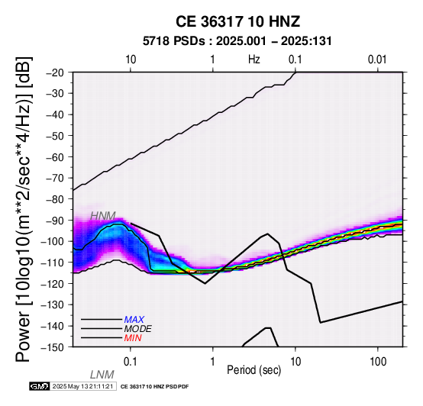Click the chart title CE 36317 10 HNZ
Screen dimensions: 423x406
[x=237, y=21]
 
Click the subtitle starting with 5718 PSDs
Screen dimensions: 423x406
[x=237, y=41]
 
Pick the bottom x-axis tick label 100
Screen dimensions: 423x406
[x=378, y=362]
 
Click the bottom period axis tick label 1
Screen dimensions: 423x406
[x=213, y=362]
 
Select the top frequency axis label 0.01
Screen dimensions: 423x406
[x=377, y=60]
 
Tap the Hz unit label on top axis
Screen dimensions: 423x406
[x=254, y=60]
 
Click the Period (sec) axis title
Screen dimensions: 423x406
[x=254, y=370]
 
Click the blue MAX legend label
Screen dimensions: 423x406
[x=134, y=320]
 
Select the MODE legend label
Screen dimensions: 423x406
[x=138, y=329]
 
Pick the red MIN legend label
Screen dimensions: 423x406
[x=133, y=338]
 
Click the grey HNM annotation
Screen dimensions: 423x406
[x=103, y=216]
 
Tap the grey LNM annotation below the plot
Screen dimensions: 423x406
[x=102, y=375]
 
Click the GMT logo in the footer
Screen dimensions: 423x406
[x=40, y=387]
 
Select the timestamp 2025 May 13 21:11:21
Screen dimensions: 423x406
[x=82, y=387]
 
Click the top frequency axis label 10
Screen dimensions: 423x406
[x=131, y=60]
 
